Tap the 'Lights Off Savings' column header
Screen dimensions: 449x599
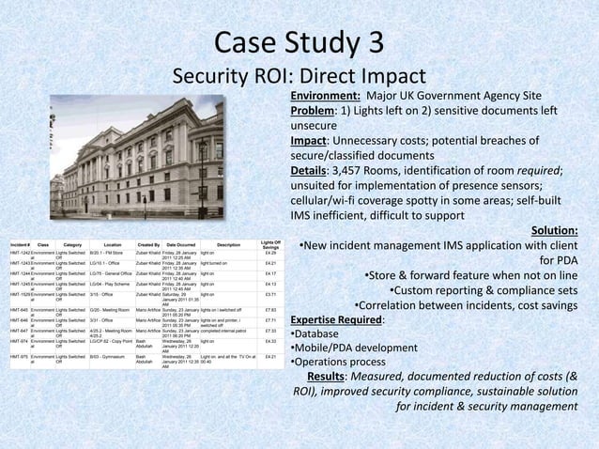[x=269, y=219]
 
